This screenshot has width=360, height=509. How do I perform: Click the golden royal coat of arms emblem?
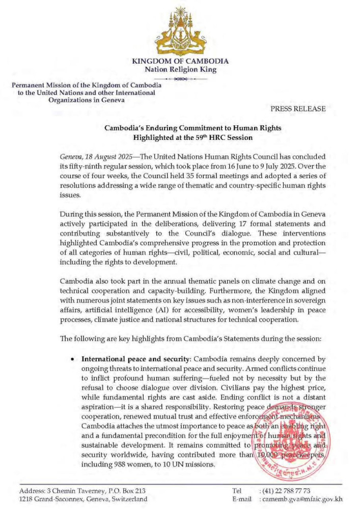click(180, 31)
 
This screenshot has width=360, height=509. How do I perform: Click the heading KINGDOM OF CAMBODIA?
click(180, 61)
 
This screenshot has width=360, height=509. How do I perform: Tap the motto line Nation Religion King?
click(180, 70)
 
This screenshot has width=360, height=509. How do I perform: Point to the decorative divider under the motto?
click(180, 79)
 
